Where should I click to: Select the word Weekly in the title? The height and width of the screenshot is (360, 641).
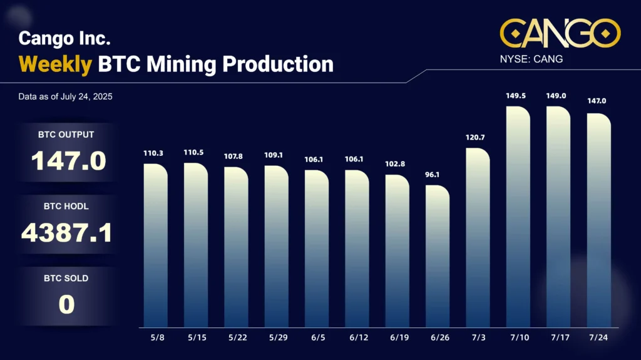tap(56, 64)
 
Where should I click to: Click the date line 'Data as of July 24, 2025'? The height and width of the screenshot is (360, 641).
tap(66, 97)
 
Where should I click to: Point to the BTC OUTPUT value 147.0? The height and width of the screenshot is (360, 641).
tap(69, 161)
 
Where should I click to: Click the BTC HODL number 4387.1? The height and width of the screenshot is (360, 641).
tap(67, 233)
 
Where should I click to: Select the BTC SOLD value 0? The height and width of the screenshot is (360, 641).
tap(66, 304)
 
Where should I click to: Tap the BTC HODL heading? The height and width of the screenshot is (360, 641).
tap(67, 206)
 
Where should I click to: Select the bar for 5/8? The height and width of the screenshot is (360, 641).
tap(156, 245)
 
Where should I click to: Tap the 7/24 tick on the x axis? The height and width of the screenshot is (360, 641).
tap(598, 337)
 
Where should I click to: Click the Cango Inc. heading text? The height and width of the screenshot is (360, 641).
tap(64, 38)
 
